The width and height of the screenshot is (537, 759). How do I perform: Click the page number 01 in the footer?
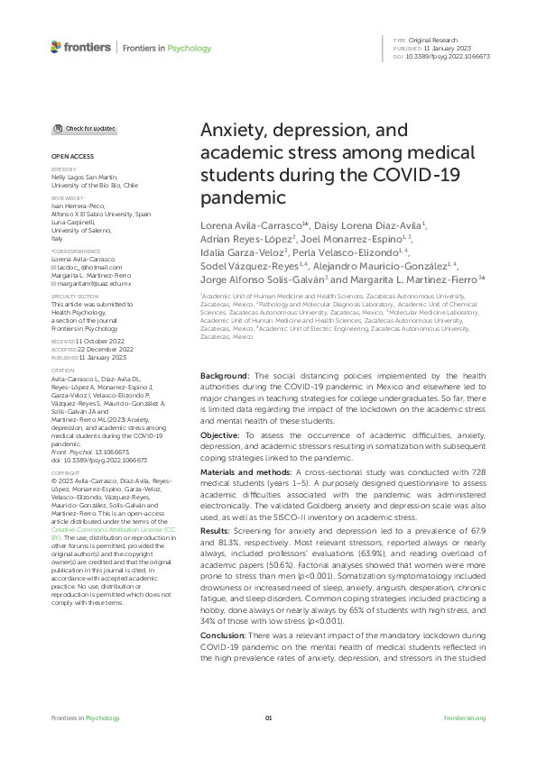(x=268, y=718)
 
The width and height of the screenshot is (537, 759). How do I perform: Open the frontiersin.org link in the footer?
(x=466, y=718)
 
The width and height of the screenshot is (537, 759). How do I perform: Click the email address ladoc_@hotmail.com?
(x=89, y=268)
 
